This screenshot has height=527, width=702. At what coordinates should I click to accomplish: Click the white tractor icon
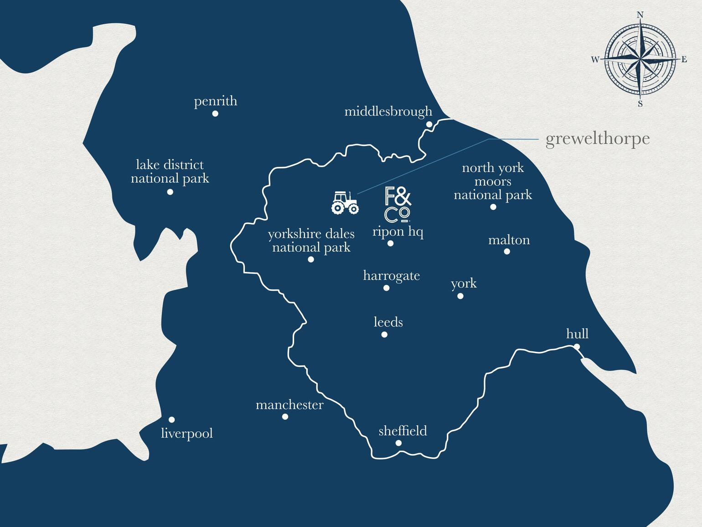coord(345,203)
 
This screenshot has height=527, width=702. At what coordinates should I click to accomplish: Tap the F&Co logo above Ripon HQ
coord(398,204)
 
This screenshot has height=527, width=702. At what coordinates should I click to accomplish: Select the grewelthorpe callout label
coord(597,139)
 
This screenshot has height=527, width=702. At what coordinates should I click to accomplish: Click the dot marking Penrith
coord(215,114)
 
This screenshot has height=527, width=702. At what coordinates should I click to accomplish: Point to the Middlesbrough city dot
coord(429,124)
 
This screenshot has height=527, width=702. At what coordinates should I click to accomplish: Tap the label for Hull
coord(577,334)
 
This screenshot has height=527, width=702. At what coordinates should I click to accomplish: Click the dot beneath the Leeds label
coord(384,334)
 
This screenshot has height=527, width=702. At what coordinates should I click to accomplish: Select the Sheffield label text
coord(403,431)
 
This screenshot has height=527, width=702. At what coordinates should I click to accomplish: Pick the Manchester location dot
coord(285,417)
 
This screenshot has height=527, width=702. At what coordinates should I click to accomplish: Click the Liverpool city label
coord(187,433)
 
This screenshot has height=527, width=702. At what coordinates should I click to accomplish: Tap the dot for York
coord(460,296)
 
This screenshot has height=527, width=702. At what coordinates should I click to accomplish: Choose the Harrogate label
coord(391,276)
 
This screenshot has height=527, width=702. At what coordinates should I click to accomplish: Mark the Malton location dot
coord(507,251)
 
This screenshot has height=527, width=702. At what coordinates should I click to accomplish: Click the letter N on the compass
coord(640,15)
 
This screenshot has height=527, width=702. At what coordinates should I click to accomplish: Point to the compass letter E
coord(684,59)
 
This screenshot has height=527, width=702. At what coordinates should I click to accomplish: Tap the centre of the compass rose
coord(640,59)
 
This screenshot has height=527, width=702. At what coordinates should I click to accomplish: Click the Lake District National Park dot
coord(170,192)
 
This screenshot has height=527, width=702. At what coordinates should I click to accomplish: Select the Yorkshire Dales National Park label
coord(311,240)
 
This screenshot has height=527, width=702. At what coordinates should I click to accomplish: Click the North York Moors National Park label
coord(493,181)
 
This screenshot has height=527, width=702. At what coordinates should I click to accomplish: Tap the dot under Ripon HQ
coord(390,244)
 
